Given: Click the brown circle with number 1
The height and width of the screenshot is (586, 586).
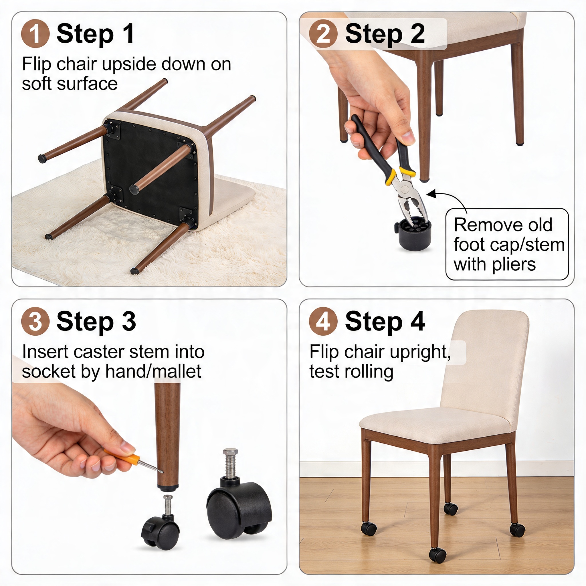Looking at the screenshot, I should [35, 34].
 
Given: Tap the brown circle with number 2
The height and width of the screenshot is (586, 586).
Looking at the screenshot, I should [323, 34].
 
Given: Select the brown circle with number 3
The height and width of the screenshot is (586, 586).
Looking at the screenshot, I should [35, 321].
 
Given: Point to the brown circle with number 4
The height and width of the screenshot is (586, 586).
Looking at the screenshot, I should [323, 321].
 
